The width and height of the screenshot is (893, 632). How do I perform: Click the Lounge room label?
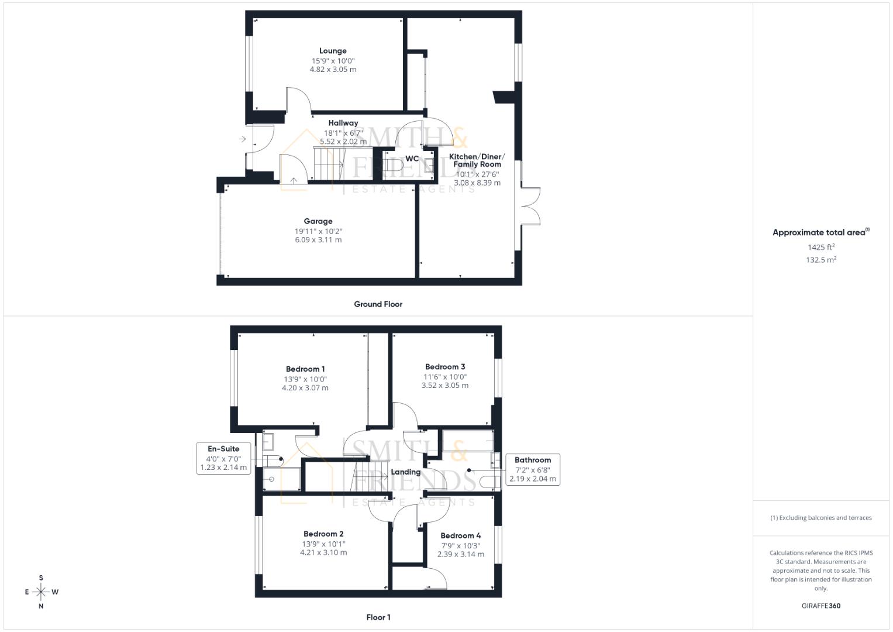pyautogui.click(x=333, y=51)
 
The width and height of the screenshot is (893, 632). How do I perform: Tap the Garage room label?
pyautogui.click(x=318, y=221)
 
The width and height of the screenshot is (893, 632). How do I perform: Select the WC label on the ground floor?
pyautogui.click(x=412, y=159)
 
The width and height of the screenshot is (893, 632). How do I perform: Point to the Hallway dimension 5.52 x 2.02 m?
pyautogui.click(x=343, y=142)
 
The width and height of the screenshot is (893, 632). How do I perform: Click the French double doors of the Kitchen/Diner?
pyautogui.click(x=530, y=205)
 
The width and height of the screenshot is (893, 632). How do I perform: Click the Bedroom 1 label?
pyautogui.click(x=305, y=369)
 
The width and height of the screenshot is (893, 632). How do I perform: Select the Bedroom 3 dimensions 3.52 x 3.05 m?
pyautogui.click(x=445, y=386)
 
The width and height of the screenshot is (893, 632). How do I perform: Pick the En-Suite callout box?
pyautogui.click(x=223, y=458)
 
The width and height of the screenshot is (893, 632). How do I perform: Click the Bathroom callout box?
pyautogui.click(x=532, y=469)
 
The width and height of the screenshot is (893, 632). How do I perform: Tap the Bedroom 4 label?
pyautogui.click(x=461, y=535)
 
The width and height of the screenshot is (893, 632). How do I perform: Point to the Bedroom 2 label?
pyautogui.click(x=323, y=534)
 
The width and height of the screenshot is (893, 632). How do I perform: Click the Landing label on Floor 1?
pyautogui.click(x=405, y=472)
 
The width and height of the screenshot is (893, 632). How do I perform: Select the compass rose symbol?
pyautogui.click(x=41, y=592)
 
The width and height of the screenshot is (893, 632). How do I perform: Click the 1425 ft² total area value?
pyautogui.click(x=820, y=248)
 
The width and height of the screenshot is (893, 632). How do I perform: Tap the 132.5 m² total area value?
pyautogui.click(x=820, y=260)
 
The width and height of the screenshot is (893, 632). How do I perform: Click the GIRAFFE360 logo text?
pyautogui.click(x=820, y=606)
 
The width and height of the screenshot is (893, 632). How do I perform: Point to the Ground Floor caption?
pyautogui.click(x=378, y=304)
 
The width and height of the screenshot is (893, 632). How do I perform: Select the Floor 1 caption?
pyautogui.click(x=378, y=617)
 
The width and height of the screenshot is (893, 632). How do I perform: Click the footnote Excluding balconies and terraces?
pyautogui.click(x=820, y=518)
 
